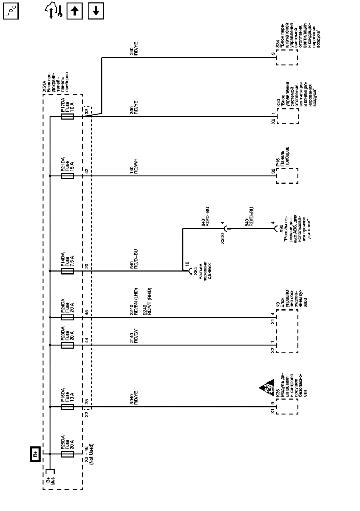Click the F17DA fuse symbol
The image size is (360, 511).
coord(67,117)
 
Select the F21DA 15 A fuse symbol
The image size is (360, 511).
coord(67,176)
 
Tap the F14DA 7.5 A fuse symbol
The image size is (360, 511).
coord(67,271)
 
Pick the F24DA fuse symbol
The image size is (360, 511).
coord(67,317)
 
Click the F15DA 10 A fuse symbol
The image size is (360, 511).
coord(67,407)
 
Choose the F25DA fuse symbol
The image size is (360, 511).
coord(67,454)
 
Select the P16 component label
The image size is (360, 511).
coord(278,160)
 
